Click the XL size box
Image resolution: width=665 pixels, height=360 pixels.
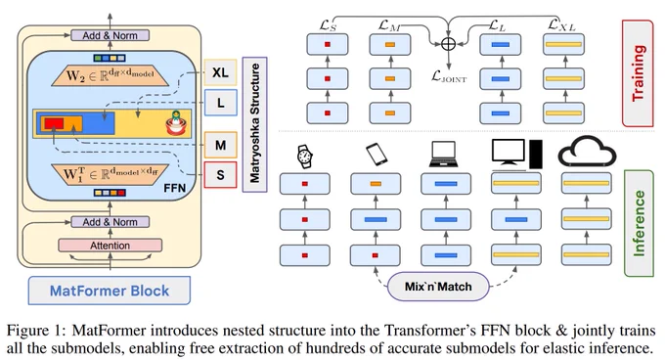coord(220,72)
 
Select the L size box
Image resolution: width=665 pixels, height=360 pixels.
coord(221,103)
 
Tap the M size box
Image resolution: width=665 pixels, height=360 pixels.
coord(221,145)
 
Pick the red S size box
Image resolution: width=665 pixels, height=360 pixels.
coord(221,175)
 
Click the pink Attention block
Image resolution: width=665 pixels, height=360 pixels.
coord(110,246)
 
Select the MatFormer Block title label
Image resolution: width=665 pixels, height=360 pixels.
coord(110,291)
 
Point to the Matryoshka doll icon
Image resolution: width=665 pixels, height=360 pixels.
coord(176,123)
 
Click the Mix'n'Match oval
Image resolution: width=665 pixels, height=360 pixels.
coord(438,287)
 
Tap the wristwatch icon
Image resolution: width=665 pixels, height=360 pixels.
coord(305,157)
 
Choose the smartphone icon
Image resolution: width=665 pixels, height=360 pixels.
coord(377,154)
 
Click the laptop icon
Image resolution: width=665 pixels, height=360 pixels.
coord(444,154)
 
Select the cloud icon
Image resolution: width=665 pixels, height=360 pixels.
coord(587,152)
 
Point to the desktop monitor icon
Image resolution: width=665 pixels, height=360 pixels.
coord(509,153)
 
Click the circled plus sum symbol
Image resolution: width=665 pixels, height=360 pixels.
coord(448,44)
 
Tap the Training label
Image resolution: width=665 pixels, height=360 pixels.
coord(638,73)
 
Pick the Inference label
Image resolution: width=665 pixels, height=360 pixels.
coord(639,223)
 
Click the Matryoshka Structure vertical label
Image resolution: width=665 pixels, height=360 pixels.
coord(254,124)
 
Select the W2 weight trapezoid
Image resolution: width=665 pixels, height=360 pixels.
coord(110,76)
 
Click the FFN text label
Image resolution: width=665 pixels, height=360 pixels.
coord(175,188)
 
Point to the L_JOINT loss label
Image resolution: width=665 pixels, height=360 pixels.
coord(449,76)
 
